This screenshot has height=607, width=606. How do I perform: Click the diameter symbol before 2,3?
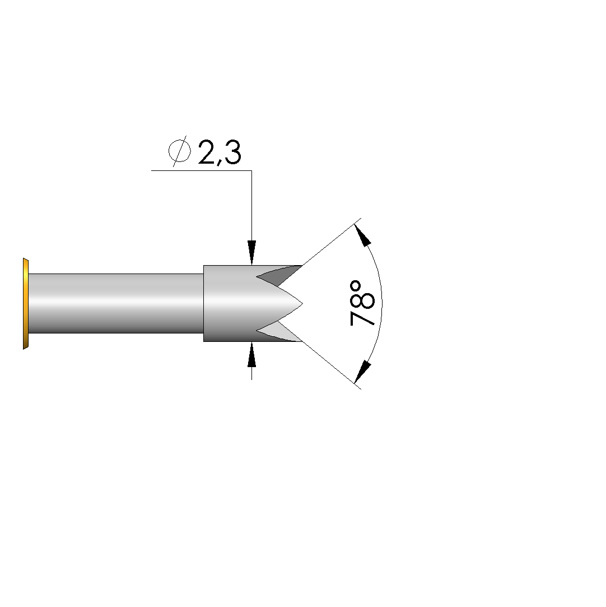(180, 151)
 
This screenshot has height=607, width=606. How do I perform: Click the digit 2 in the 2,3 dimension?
(208, 152)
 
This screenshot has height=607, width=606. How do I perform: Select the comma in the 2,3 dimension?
(220, 161)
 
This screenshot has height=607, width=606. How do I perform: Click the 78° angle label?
(362, 304)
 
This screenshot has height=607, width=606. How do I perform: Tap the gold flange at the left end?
(26, 304)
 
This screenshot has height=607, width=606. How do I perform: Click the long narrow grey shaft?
(116, 304)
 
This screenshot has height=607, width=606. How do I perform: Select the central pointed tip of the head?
(302, 304)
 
